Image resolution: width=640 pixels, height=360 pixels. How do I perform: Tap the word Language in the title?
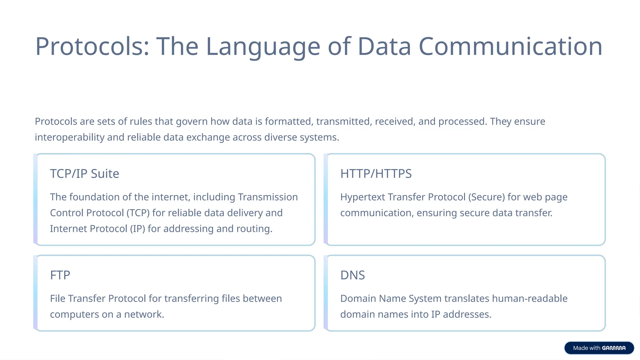point(263,46)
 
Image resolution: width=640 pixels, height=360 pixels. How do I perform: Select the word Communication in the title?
point(510,46)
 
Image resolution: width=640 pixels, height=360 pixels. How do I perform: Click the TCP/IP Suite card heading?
point(84,173)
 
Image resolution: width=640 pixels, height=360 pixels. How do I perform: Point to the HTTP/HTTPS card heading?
point(376,173)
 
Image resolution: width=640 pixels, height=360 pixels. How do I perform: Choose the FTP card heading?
point(60,275)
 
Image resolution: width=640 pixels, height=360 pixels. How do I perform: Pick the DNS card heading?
point(352,275)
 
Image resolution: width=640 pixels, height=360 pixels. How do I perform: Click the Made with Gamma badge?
point(599,348)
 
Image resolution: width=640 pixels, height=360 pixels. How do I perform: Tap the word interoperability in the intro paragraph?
point(69,137)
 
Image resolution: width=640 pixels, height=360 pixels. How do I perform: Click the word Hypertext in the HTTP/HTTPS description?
point(362,197)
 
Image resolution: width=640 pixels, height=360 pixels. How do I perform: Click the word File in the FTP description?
point(57,298)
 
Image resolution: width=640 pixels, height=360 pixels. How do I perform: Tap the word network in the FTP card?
point(144,314)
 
